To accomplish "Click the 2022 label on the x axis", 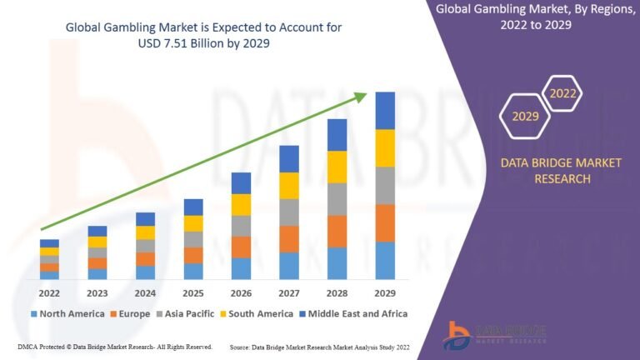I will [x=49, y=293].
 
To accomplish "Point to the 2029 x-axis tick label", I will [x=384, y=293].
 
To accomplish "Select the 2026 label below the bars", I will [x=241, y=293].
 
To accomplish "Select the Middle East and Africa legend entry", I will [x=356, y=314].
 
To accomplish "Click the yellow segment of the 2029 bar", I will [x=384, y=148].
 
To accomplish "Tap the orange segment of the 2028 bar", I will [x=337, y=232].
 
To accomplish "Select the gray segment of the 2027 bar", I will [x=289, y=212].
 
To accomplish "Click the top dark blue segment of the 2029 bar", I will [x=384, y=111].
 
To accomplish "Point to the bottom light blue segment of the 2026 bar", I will [x=241, y=268].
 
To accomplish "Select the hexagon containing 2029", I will [x=525, y=116].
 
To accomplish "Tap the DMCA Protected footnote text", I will [x=114, y=346].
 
